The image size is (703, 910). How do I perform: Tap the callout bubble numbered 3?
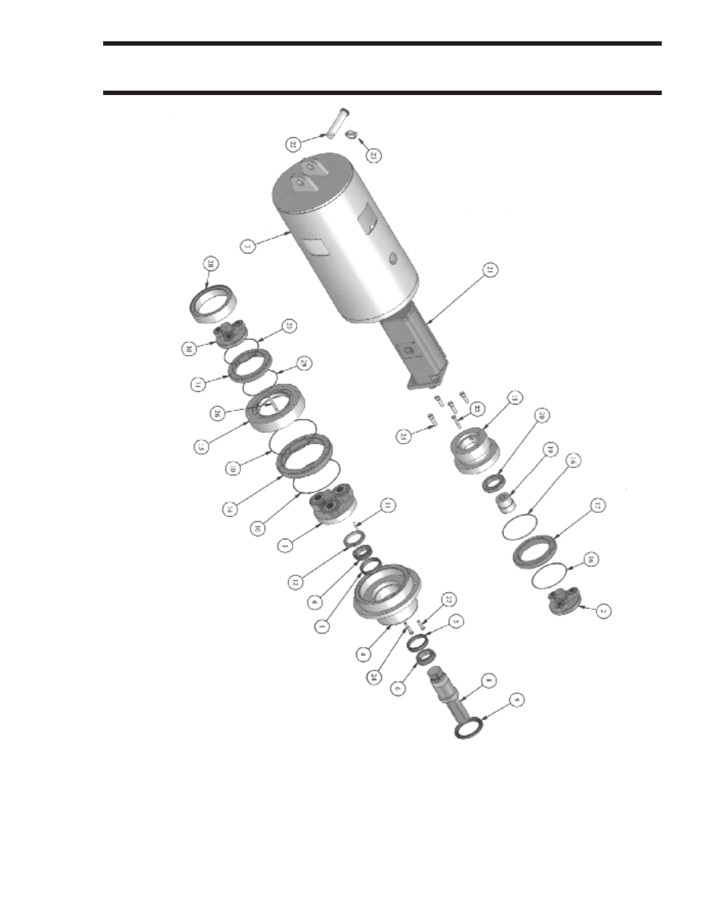click(x=248, y=246)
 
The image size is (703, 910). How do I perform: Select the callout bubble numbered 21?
click(x=489, y=270)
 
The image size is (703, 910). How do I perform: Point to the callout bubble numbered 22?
click(x=293, y=144)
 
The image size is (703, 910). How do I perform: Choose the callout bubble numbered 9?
click(x=517, y=699)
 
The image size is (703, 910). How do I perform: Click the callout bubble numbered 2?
click(x=603, y=611)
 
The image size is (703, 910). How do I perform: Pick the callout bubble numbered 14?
click(x=231, y=508)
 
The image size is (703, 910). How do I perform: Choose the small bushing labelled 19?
click(x=505, y=504)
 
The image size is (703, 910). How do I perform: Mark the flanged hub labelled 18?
click(x=472, y=451)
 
